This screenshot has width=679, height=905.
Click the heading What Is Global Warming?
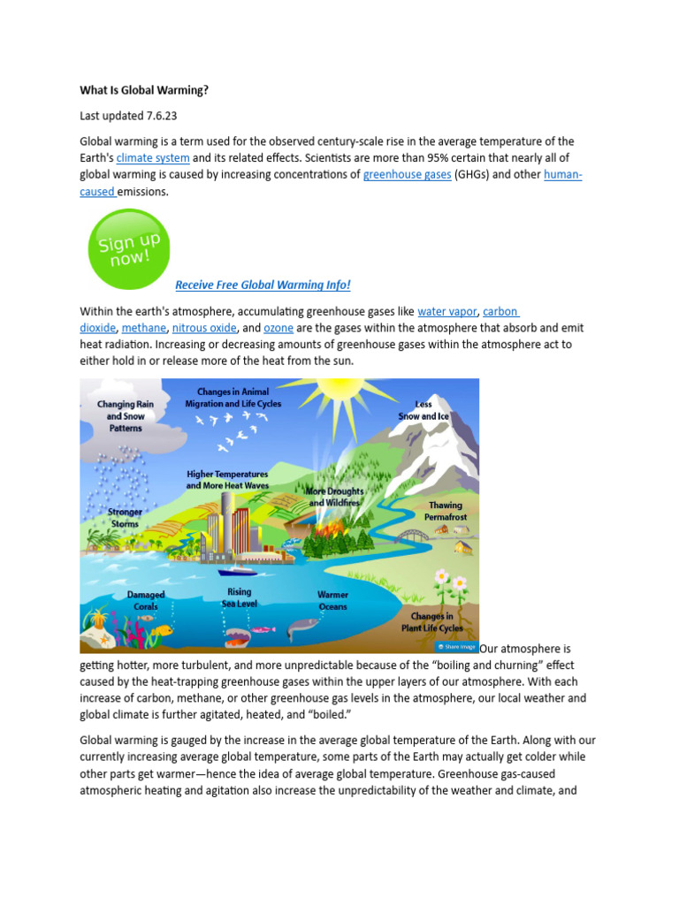(144, 90)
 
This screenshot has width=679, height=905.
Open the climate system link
(153, 158)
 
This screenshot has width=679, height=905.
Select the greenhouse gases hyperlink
(407, 175)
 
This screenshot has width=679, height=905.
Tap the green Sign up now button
(129, 249)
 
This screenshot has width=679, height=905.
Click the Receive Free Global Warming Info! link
(263, 285)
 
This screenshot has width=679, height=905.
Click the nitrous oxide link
(204, 328)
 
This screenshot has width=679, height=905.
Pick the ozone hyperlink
(278, 328)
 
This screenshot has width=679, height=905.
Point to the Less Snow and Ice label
(423, 410)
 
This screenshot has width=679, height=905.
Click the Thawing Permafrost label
(445, 510)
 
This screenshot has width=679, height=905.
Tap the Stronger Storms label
(125, 518)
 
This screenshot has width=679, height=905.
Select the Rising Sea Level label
(239, 597)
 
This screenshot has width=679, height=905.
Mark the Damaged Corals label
(146, 601)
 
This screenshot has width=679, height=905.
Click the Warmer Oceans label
(332, 601)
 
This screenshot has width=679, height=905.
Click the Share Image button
(456, 646)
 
